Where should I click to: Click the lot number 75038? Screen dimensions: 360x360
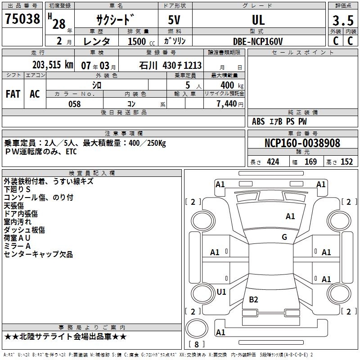pos(22,19)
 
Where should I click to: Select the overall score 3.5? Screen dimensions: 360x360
pos(342,21)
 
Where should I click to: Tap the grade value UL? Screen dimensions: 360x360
pos(258,20)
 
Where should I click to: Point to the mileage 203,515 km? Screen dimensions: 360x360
pos(53,65)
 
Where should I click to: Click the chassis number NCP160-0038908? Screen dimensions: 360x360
pos(302,143)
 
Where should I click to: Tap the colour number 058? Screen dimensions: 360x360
pos(74,104)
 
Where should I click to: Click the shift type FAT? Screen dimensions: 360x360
pos(13,94)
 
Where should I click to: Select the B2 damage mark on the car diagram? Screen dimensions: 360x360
pos(253,299)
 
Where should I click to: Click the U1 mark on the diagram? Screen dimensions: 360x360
pos(221,292)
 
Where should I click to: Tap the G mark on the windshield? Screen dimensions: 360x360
pos(284,237)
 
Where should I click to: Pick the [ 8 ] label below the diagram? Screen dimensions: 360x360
pos(197,344)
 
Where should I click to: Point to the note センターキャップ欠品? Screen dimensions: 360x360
pos(38,254)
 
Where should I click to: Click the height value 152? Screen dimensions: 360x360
pos(346,162)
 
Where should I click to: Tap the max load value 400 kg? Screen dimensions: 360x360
pos(232,85)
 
